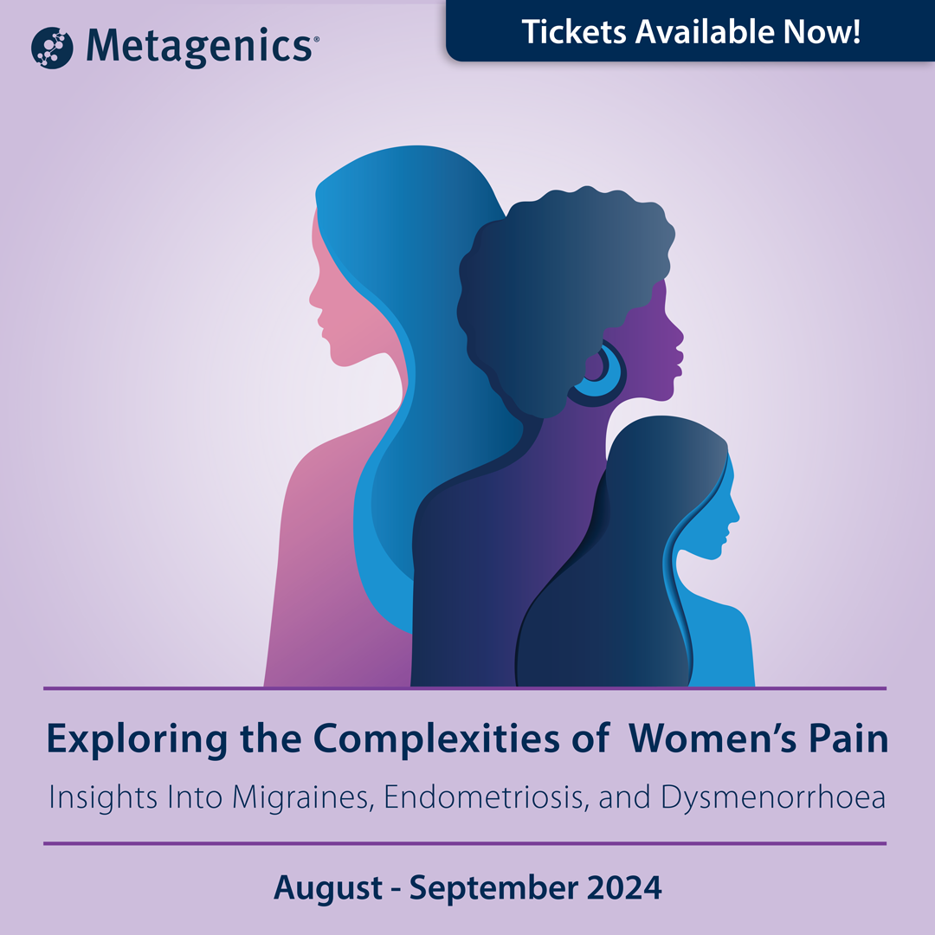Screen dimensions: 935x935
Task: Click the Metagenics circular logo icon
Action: (x=51, y=47)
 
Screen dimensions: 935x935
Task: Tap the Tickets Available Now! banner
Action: (x=691, y=31)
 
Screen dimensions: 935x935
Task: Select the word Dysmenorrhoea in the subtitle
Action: (x=773, y=796)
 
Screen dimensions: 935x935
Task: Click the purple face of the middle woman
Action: (x=662, y=338)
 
